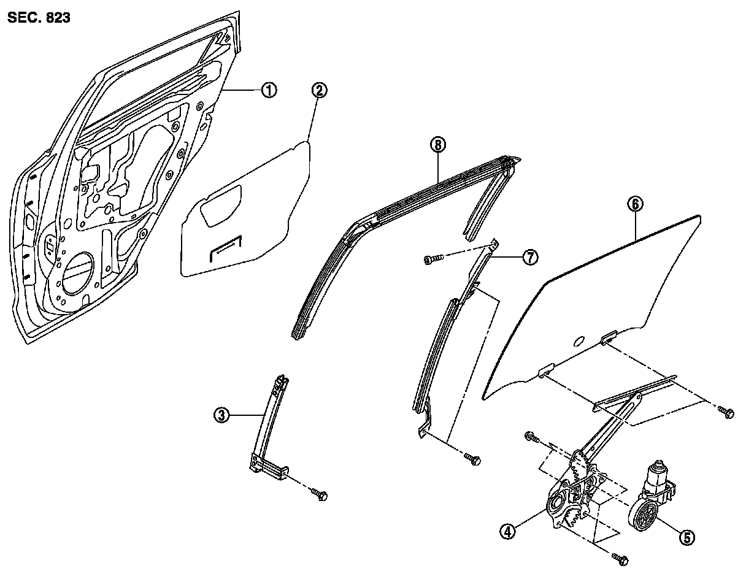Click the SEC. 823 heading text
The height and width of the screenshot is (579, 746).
39,18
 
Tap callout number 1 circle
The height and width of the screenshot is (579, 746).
268,90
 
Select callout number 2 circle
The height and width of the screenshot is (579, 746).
319,90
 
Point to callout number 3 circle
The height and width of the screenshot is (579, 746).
222,416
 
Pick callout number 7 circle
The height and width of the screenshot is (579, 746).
529,258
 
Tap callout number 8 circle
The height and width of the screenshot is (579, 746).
437,145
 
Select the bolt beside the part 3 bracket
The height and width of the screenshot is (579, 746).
320,493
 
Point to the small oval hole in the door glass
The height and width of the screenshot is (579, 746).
579,341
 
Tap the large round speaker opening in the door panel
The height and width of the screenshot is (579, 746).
77,269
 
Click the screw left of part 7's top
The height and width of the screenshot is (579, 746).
431,261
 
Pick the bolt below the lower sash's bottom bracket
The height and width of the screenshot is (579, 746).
472,459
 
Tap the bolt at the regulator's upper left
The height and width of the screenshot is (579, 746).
532,438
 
